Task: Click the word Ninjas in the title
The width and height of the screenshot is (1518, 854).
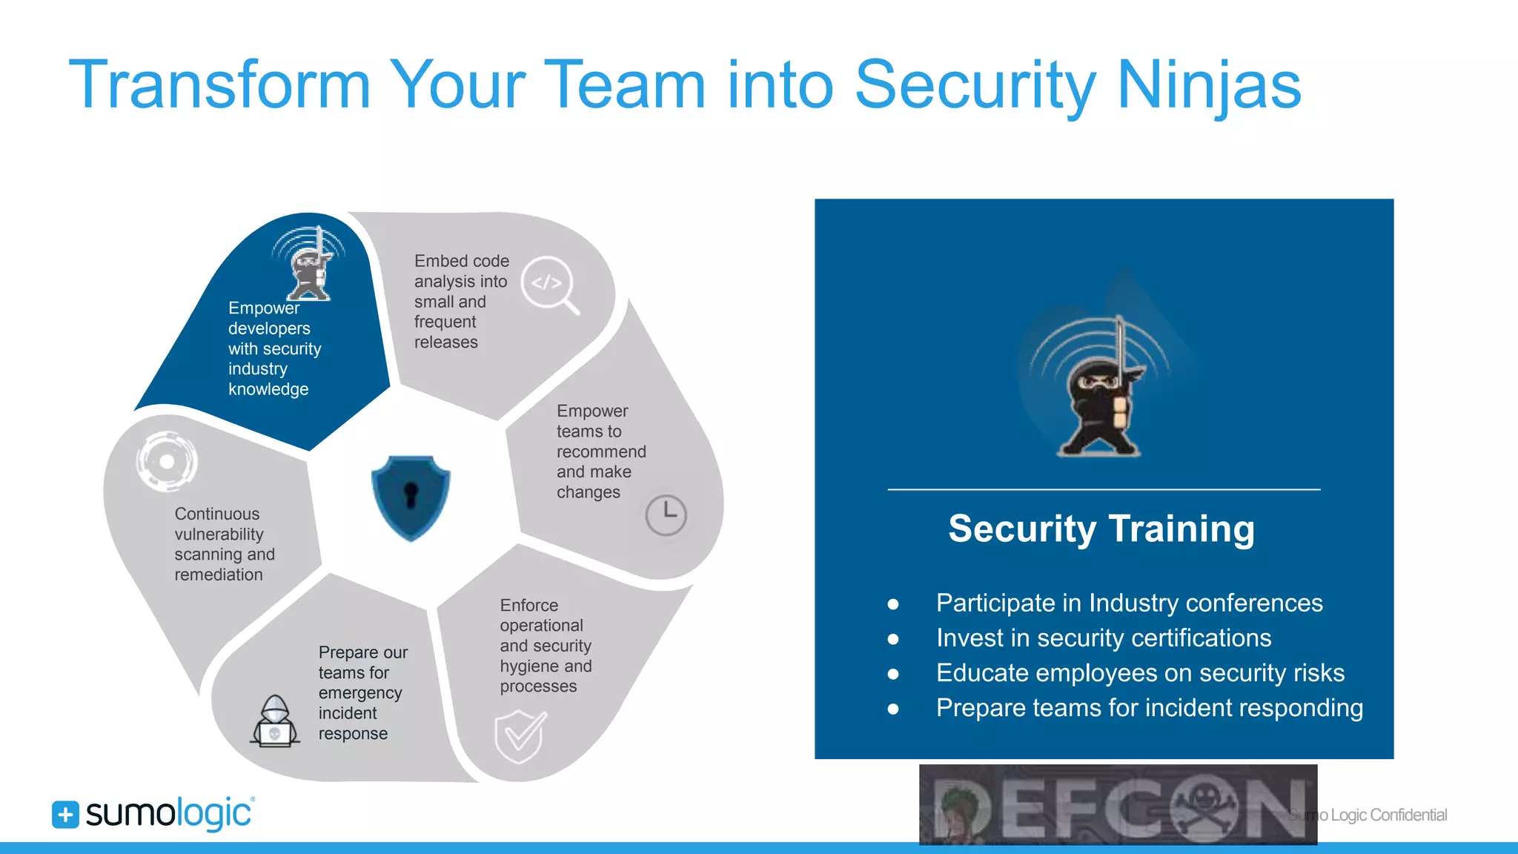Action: (1208, 85)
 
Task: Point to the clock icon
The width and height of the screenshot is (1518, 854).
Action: (666, 514)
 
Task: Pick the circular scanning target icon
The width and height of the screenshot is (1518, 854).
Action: (168, 461)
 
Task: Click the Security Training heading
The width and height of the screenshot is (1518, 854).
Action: (1101, 529)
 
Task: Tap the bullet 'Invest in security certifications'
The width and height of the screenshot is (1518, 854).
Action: (1103, 638)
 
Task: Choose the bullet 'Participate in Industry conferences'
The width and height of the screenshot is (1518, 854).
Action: (1129, 603)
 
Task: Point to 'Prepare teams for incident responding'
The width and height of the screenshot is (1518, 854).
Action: (1149, 708)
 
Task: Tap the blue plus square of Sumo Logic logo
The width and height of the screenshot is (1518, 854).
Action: (65, 815)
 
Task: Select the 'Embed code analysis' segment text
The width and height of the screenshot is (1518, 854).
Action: (461, 302)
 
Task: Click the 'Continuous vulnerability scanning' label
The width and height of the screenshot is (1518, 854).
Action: (224, 544)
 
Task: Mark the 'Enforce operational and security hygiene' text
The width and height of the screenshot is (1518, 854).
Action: (546, 646)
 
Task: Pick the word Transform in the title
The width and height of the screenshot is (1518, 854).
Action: (219, 85)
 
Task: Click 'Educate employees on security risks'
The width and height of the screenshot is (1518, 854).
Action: (1140, 673)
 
